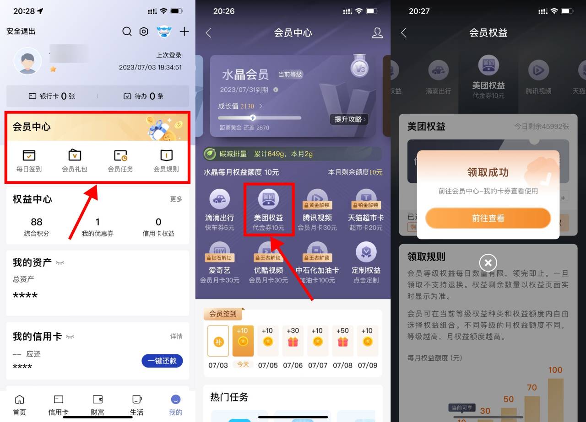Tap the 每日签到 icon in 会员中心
click(29, 155)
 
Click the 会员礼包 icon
click(75, 155)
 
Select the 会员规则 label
click(166, 169)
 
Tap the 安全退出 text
click(21, 32)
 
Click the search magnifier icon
click(127, 32)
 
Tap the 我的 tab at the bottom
click(175, 405)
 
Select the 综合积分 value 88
click(37, 222)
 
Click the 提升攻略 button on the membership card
click(349, 119)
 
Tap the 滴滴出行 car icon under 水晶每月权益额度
click(219, 199)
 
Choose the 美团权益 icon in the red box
click(268, 199)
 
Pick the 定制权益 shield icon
click(366, 251)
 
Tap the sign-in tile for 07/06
click(293, 341)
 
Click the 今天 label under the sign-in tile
click(243, 364)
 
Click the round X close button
click(488, 263)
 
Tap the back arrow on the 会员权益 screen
click(403, 32)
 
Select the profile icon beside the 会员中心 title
click(377, 32)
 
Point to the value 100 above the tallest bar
click(555, 370)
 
